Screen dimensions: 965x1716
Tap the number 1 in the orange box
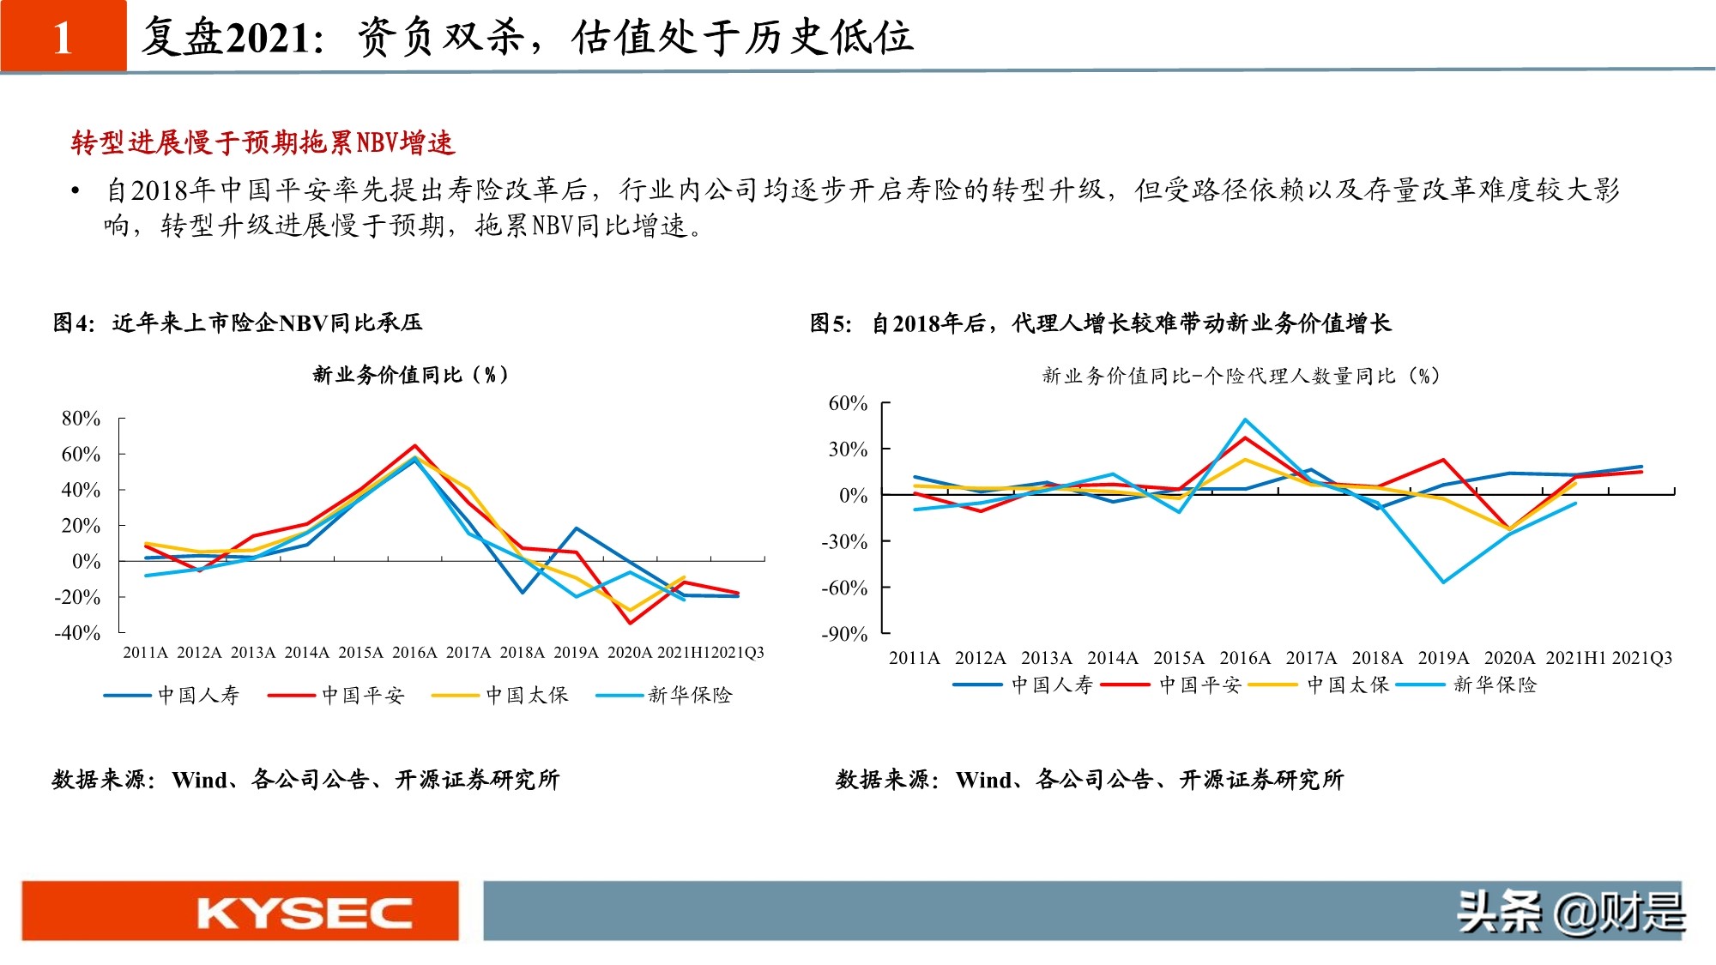click(63, 38)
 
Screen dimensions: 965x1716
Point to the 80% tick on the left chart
click(81, 419)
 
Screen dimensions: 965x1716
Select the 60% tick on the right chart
click(848, 403)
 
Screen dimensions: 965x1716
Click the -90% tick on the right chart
click(844, 634)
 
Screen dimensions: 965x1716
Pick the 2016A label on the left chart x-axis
click(414, 653)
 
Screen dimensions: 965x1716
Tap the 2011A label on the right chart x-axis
click(914, 658)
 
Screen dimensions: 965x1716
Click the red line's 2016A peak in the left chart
click(415, 446)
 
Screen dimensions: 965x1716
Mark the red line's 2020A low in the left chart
click(631, 623)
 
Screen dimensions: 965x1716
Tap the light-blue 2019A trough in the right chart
click(1443, 582)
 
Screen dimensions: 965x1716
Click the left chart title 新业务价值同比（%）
click(410, 375)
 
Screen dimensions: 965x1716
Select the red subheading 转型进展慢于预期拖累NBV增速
click(263, 143)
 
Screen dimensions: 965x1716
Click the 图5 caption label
click(831, 323)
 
